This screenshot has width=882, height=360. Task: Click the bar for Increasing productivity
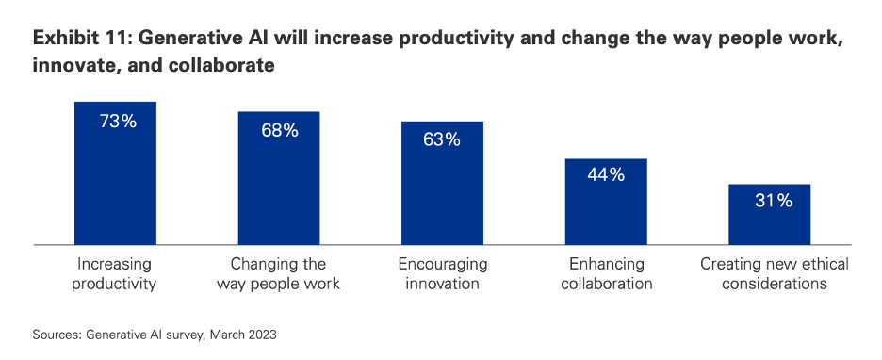click(115, 173)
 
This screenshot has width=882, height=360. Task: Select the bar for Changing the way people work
click(279, 178)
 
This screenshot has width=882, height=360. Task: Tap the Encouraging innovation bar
click(442, 183)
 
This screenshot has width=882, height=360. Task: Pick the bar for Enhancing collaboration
click(606, 202)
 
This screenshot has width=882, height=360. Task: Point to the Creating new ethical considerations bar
click(770, 214)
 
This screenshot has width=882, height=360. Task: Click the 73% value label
click(118, 122)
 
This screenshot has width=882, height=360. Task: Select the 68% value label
click(280, 130)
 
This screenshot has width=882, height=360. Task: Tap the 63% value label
click(442, 139)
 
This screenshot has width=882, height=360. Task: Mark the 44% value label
click(606, 175)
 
